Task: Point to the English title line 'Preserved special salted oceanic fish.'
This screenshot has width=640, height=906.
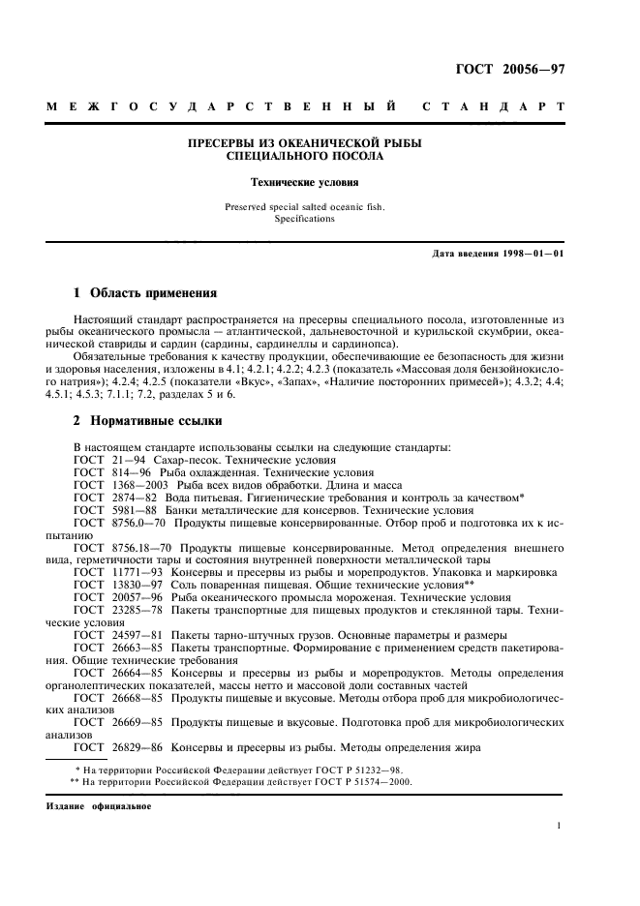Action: (304, 205)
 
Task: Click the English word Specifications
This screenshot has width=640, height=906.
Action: (304, 219)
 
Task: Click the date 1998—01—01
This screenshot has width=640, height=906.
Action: (532, 255)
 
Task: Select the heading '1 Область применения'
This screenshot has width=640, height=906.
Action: (145, 292)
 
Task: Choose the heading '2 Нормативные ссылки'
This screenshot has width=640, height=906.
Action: (148, 421)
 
